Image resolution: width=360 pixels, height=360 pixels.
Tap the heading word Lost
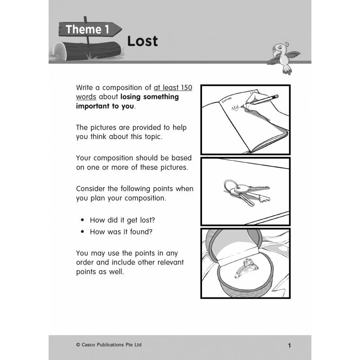coord(142,41)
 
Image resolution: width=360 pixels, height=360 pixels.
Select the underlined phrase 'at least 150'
coord(173,87)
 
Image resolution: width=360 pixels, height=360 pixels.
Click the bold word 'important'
coord(94,106)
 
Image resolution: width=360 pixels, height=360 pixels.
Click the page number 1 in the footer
coord(289,346)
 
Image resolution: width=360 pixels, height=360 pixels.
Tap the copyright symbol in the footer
coord(78,345)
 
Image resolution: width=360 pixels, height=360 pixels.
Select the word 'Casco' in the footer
coord(90,345)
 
